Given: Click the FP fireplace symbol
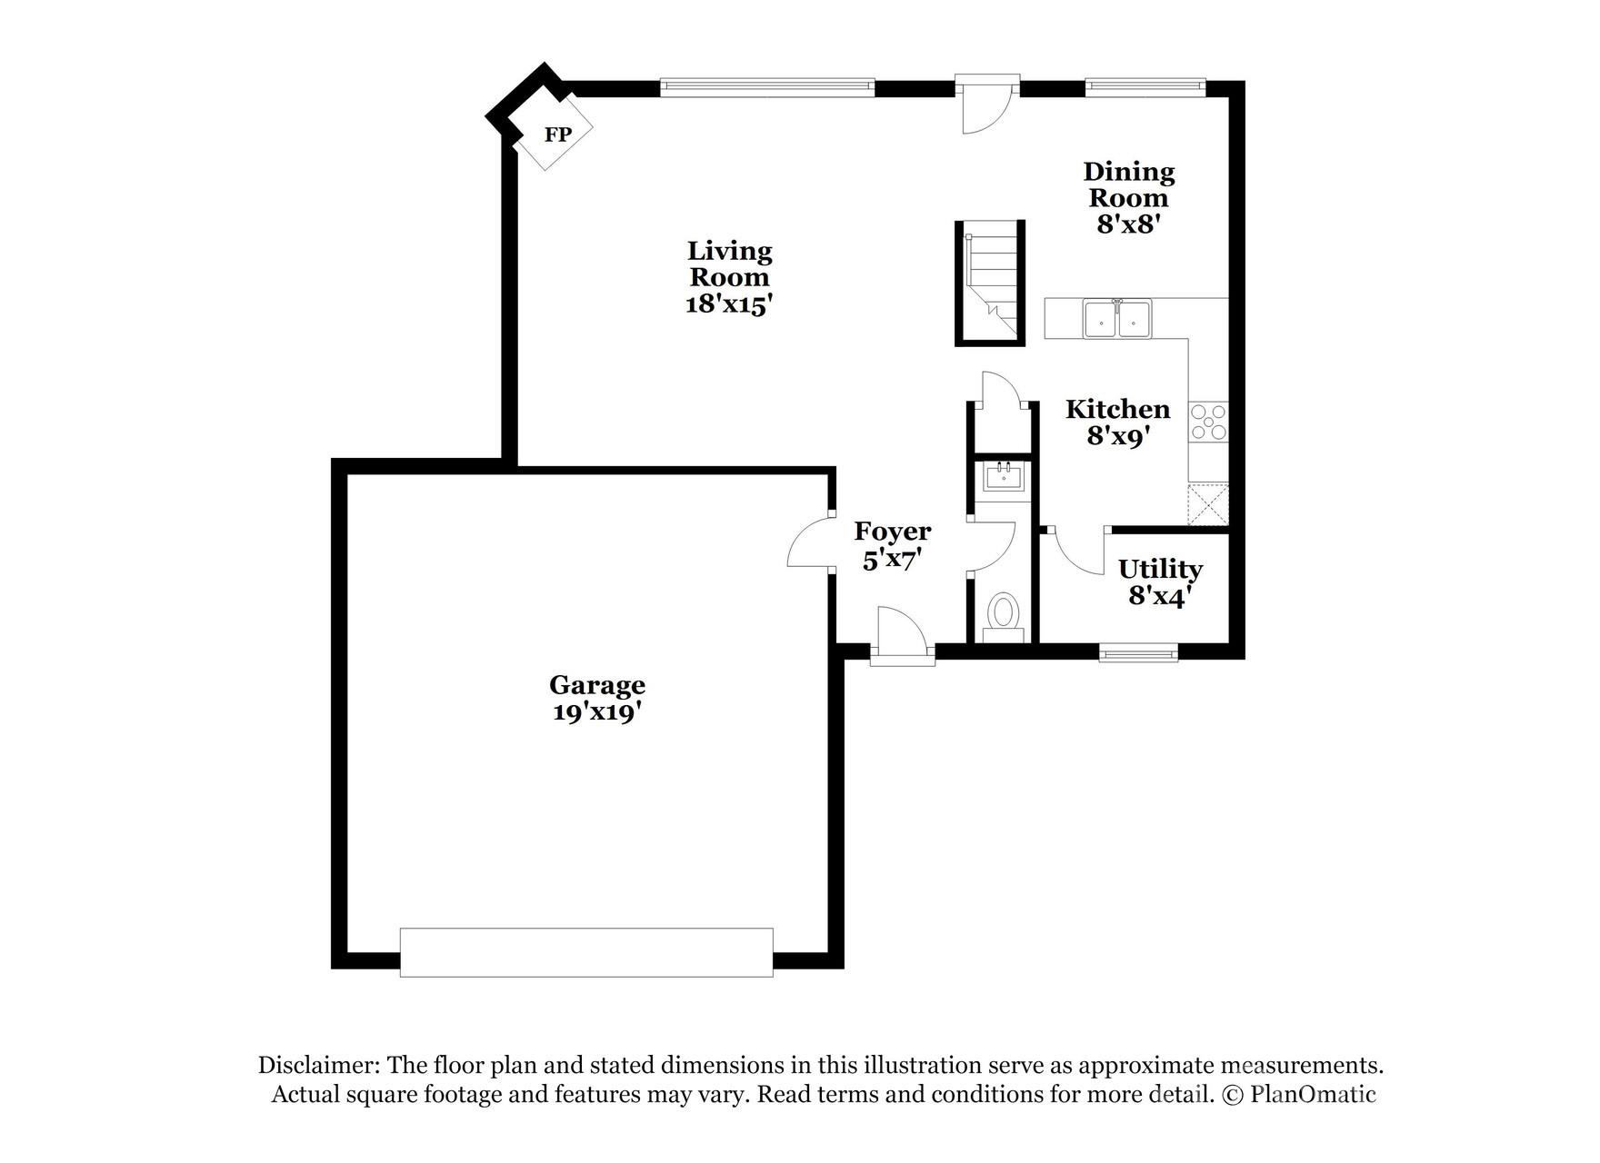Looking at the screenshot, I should click(555, 134).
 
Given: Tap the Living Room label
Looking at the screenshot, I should click(729, 276).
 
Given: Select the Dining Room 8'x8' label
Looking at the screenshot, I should click(1128, 197).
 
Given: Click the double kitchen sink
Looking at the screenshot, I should click(1116, 319).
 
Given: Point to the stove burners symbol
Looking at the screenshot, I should click(1208, 422).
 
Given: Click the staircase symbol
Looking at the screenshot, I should click(990, 283).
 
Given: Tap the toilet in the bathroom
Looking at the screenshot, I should click(1003, 612).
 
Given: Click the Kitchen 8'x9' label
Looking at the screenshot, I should click(1117, 422).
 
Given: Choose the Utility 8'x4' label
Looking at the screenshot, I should click(1160, 582).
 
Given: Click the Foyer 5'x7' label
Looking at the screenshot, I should click(893, 544).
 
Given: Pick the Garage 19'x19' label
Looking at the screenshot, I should click(597, 698).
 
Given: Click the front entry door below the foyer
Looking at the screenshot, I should click(902, 636).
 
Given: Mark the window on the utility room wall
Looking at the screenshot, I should click(1138, 651).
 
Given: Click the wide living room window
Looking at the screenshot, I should click(766, 87).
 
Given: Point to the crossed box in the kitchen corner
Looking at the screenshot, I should click(1208, 504).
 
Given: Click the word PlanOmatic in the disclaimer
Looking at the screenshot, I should click(1313, 1094).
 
